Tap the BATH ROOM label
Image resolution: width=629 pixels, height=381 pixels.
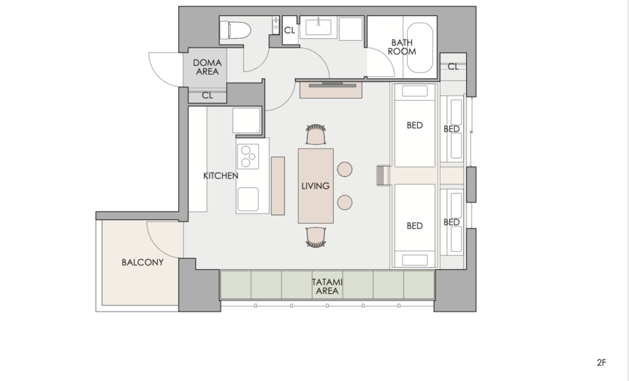(x=402, y=47)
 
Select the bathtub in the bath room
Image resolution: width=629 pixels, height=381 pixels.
(x=420, y=48)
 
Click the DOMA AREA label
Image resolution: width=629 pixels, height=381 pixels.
(x=207, y=67)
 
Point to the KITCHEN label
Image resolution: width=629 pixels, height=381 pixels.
(x=221, y=176)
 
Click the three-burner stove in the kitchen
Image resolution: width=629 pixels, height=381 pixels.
(x=248, y=156)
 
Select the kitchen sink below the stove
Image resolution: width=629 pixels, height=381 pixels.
(x=248, y=199)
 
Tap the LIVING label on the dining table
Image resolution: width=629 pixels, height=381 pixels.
(x=316, y=186)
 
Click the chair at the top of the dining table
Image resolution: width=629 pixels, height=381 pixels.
(x=316, y=135)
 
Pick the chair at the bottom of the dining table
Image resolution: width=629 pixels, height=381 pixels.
(x=316, y=237)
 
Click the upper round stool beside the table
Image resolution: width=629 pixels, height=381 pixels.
(x=345, y=169)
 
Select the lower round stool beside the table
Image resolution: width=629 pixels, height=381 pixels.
(x=345, y=203)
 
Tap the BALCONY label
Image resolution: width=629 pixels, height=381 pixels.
(x=142, y=262)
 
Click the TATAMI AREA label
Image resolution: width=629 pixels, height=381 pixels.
(x=327, y=287)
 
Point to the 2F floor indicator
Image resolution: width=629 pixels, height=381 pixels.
(x=601, y=363)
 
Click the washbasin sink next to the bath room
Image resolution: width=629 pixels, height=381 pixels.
(x=319, y=27)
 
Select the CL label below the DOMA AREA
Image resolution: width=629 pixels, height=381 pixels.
(x=207, y=96)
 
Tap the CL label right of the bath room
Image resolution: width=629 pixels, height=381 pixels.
(x=453, y=67)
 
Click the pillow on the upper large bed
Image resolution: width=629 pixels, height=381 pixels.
(x=415, y=91)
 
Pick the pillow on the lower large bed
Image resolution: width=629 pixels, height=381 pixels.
(x=415, y=260)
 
